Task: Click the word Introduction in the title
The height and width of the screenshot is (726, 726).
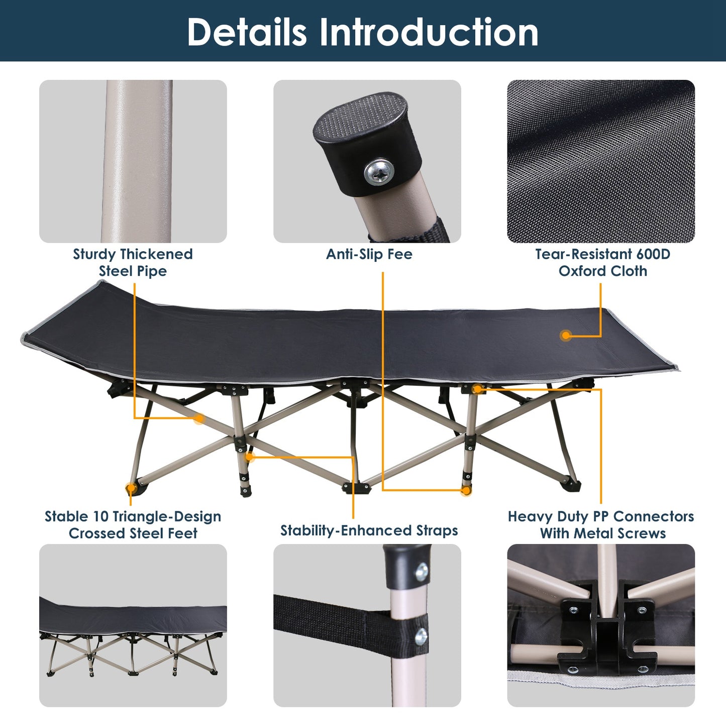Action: click(x=429, y=32)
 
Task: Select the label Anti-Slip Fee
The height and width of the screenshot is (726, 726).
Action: click(x=369, y=254)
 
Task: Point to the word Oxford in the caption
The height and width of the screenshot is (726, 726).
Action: click(x=582, y=271)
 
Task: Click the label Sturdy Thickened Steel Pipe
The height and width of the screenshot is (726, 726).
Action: click(x=133, y=262)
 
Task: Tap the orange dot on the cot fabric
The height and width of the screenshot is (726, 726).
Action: click(x=566, y=335)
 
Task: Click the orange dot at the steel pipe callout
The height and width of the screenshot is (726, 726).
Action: click(x=199, y=418)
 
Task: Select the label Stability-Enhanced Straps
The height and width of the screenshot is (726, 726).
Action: click(x=369, y=531)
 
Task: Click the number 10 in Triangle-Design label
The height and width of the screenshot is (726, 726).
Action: click(x=94, y=516)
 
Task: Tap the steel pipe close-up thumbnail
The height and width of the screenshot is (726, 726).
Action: click(x=133, y=161)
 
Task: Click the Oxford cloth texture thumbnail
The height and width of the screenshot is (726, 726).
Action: click(x=601, y=161)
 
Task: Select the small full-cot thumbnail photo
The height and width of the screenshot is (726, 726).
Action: click(x=133, y=626)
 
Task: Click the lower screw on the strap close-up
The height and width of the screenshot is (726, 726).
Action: click(x=421, y=637)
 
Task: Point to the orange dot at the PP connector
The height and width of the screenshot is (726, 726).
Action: click(x=477, y=388)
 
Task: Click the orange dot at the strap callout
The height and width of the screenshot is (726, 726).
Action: click(x=250, y=457)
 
